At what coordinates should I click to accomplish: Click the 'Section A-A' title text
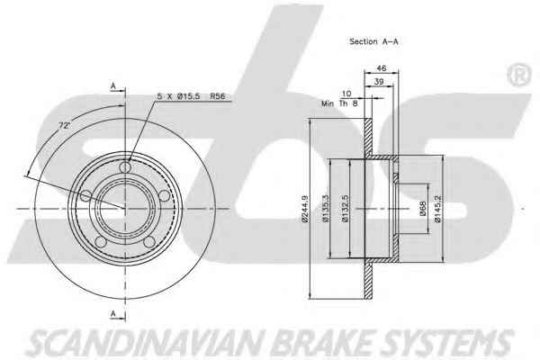point(373,41)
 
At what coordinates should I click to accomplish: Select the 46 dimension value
point(382,68)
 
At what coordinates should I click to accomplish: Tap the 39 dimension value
point(379,82)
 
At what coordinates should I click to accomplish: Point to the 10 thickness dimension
point(346,94)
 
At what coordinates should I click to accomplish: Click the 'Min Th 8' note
point(339,103)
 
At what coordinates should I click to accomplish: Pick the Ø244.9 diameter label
point(305,209)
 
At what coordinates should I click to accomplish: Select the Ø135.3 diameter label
point(326,209)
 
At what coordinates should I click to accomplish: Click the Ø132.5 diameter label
point(346,209)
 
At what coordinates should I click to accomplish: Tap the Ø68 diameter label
point(423,209)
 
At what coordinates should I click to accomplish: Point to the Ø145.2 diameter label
point(437,209)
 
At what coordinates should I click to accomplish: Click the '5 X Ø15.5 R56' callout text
point(191,96)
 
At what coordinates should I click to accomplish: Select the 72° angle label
point(64,126)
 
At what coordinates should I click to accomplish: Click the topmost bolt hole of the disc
point(125,167)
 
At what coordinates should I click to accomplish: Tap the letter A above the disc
point(113,86)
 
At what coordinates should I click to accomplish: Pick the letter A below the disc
point(113,313)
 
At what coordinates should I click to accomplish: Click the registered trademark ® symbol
point(519,74)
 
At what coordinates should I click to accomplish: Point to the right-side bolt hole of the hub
point(165,195)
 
